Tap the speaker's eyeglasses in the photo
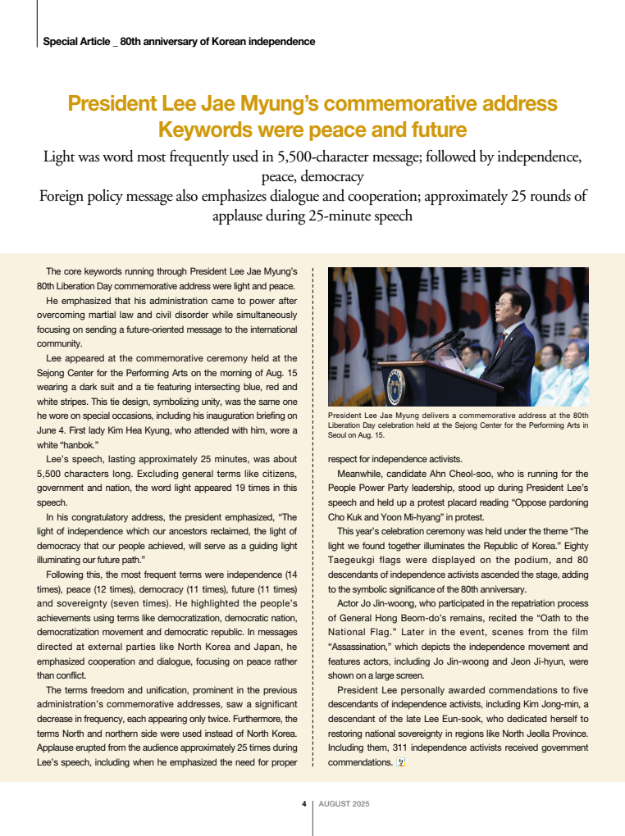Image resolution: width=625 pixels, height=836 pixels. click(x=502, y=303)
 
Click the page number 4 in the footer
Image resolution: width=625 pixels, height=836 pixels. click(x=303, y=804)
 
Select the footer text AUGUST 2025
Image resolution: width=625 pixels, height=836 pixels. click(x=344, y=804)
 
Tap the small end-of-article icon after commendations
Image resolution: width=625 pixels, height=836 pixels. click(x=400, y=762)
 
